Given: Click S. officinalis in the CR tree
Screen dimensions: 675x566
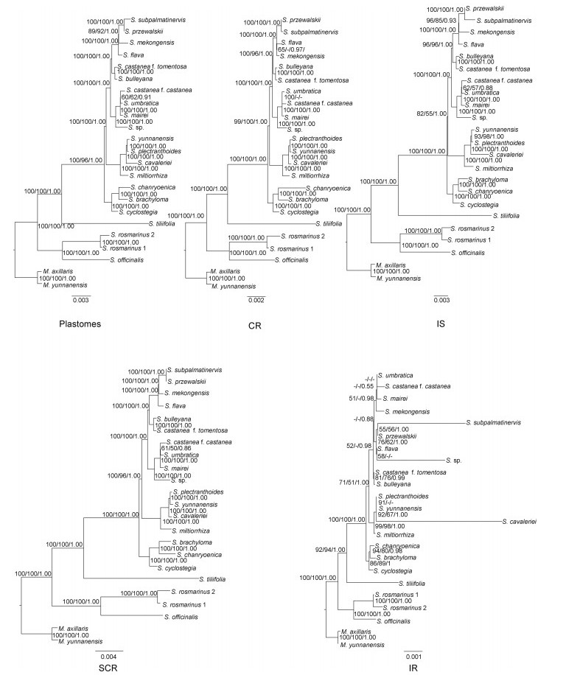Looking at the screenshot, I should coord(292,260).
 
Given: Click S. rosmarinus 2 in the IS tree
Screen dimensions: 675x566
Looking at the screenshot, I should coord(470,229).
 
